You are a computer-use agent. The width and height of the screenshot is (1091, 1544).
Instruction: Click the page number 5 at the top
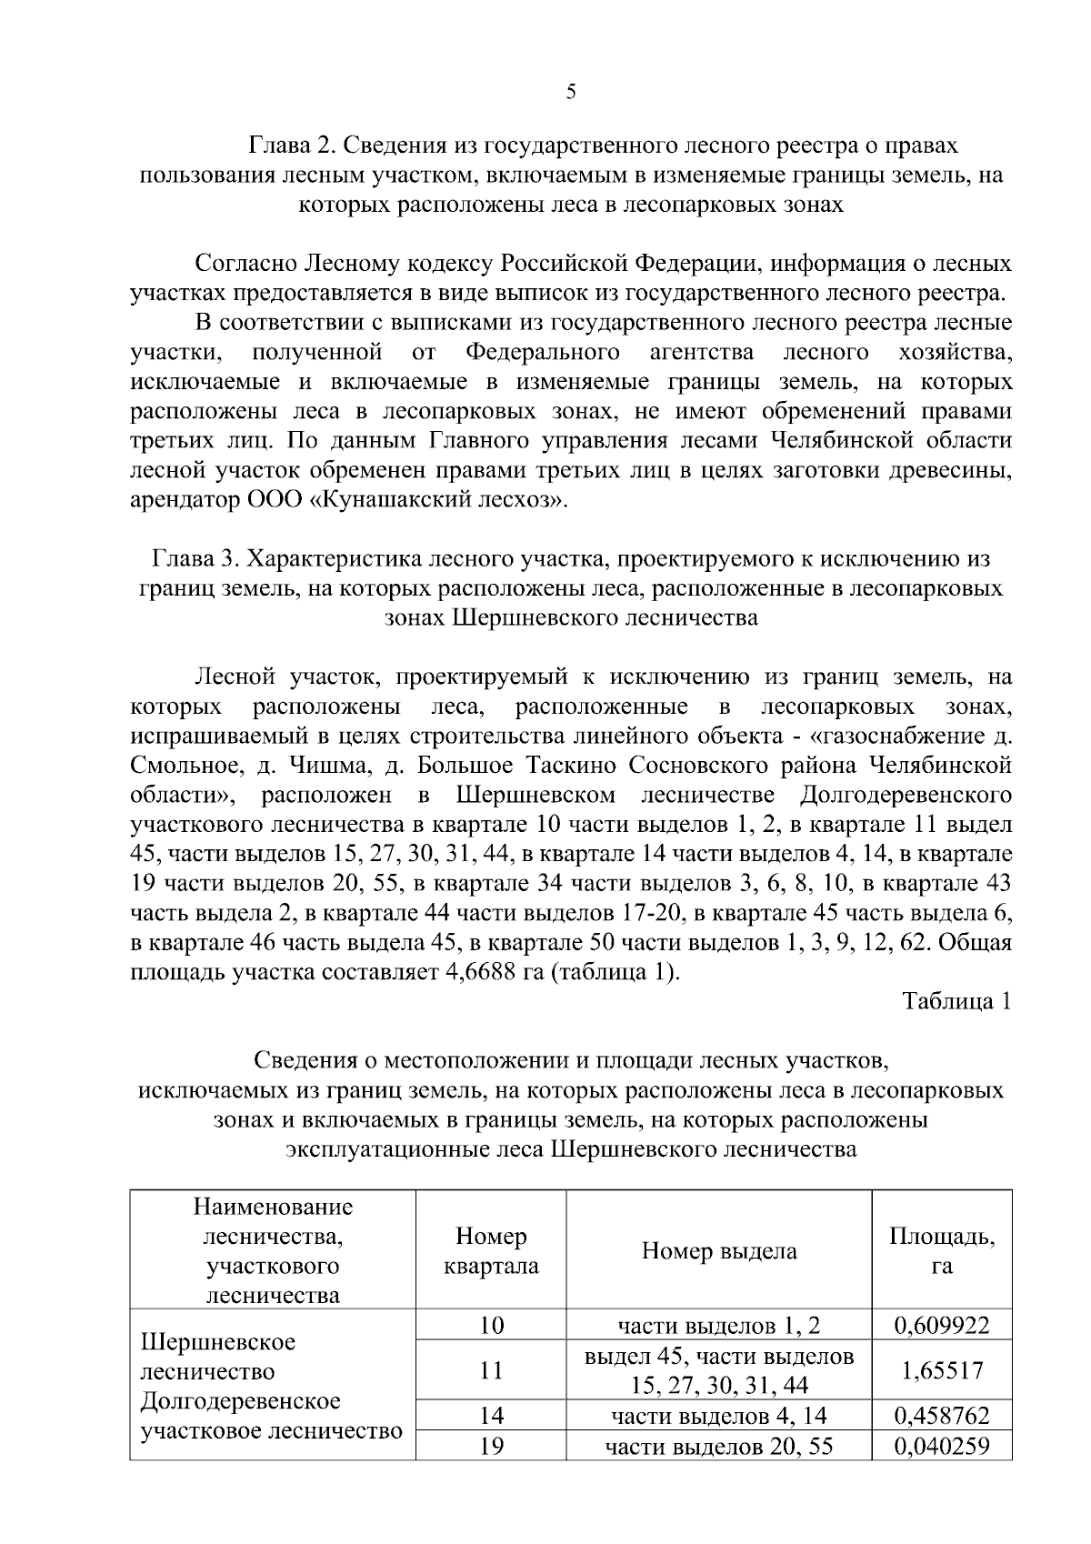click(x=571, y=91)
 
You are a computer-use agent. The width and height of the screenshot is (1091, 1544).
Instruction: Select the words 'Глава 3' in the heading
click(x=191, y=558)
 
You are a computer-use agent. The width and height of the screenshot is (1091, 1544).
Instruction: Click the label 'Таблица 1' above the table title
click(x=956, y=1001)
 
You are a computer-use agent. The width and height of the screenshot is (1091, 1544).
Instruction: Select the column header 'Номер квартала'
click(x=491, y=1250)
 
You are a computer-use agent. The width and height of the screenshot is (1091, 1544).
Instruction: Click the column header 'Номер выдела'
click(x=718, y=1250)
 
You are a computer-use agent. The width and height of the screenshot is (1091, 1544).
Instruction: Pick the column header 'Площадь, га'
click(x=941, y=1250)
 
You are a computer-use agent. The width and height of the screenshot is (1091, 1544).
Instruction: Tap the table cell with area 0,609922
click(x=941, y=1325)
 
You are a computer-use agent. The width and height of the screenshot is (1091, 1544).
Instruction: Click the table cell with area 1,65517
click(x=941, y=1369)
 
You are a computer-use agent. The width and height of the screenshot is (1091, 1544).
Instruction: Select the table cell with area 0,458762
click(x=941, y=1415)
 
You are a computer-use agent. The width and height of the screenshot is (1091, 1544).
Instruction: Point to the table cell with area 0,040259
click(x=941, y=1445)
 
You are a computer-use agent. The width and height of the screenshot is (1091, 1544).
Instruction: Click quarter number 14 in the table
click(x=491, y=1415)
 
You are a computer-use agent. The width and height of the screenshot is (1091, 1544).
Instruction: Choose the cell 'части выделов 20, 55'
click(x=718, y=1445)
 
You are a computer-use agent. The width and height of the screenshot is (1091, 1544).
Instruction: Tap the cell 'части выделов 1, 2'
click(x=718, y=1325)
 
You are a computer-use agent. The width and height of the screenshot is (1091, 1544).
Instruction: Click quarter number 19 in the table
click(x=491, y=1445)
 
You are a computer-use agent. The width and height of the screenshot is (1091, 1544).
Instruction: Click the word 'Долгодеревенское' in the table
click(x=240, y=1401)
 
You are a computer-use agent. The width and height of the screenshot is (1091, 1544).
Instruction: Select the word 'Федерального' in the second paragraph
click(x=543, y=352)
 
